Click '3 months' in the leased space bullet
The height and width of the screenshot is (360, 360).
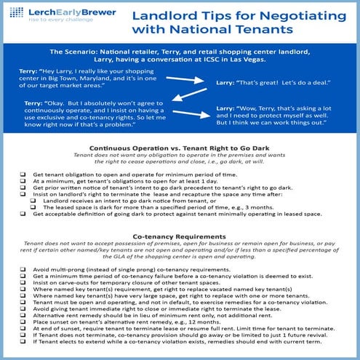click(257, 207)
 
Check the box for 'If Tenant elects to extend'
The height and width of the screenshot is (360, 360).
click(23, 346)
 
